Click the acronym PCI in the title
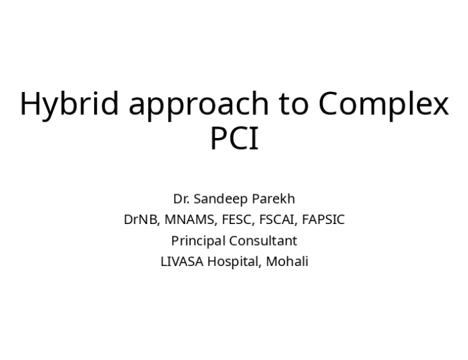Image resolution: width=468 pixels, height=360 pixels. [234, 140]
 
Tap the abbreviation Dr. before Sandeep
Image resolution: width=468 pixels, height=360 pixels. [181, 199]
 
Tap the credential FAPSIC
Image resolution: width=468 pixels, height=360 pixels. [321, 220]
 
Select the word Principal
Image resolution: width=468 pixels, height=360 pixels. [198, 241]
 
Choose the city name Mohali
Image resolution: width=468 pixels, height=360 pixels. [287, 262]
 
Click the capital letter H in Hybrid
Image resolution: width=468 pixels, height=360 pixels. [29, 104]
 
